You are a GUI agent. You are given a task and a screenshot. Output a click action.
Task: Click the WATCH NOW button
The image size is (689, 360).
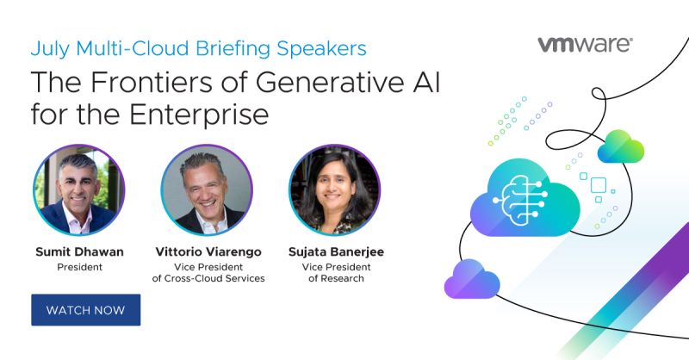click(x=85, y=310)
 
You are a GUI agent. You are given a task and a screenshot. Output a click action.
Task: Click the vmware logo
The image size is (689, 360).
click(x=586, y=45)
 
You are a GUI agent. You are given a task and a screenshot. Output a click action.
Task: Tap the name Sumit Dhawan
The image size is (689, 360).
click(x=79, y=251)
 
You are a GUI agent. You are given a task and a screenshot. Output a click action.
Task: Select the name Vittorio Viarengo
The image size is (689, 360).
click(x=208, y=251)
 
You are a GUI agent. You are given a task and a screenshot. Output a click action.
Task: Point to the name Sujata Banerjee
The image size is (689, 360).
click(x=336, y=251)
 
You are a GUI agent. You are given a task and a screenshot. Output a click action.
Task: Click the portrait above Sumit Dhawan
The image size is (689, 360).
click(x=79, y=189)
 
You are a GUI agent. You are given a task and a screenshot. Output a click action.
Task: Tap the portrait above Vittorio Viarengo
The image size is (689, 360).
click(x=207, y=189)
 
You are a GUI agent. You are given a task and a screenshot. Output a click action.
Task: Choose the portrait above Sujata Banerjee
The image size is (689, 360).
click(x=334, y=189)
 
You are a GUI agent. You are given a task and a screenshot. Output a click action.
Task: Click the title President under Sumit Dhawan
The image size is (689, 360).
click(x=79, y=267)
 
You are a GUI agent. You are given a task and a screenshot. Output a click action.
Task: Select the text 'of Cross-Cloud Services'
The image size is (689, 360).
click(x=208, y=278)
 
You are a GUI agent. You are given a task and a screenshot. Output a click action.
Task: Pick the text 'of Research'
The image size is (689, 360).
click(x=336, y=278)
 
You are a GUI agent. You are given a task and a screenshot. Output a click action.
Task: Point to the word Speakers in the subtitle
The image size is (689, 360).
click(x=321, y=49)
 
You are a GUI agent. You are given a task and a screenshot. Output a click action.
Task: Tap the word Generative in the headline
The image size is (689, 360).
click(x=330, y=82)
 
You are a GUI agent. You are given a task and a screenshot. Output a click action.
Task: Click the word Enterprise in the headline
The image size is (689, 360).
click(x=199, y=115)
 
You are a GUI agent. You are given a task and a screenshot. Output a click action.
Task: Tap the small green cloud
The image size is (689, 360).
click(x=620, y=146)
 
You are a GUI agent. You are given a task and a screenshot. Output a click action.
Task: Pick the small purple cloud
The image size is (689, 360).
click(x=472, y=280)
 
